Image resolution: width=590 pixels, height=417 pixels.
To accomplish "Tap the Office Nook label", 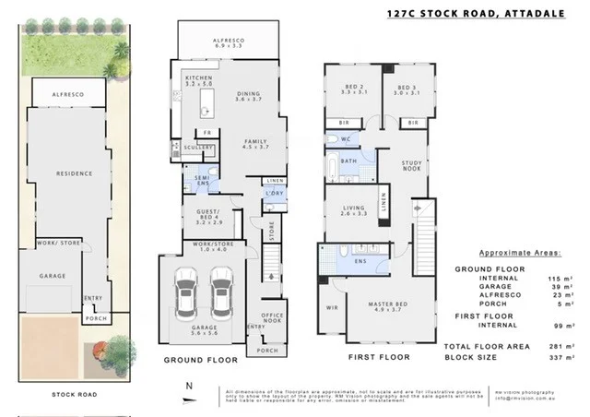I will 270,316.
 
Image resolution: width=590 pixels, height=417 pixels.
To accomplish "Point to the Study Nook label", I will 412,167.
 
